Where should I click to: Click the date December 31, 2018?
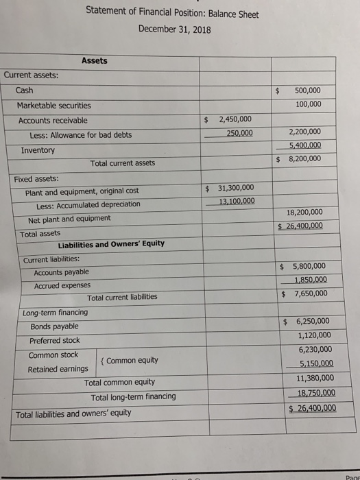pos(174,29)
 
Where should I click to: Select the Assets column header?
pos(94,60)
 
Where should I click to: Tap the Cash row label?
pos(24,90)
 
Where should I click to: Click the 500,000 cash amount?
pos(307,91)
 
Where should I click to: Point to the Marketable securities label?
pos(53,105)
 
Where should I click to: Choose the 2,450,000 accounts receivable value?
pos(235,119)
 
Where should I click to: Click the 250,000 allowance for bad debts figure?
pos(239,133)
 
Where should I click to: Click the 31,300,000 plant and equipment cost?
pos(235,188)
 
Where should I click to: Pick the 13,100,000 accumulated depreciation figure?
pos(237,201)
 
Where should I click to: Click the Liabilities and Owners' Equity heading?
pos(111,243)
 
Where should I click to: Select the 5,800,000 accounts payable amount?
pos(309,266)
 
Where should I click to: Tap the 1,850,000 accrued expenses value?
pos(310,280)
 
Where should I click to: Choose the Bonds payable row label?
pos(53,326)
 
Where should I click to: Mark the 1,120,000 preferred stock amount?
pos(315,335)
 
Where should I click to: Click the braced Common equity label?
pos(132,361)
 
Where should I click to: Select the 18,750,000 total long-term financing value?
pos(315,393)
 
